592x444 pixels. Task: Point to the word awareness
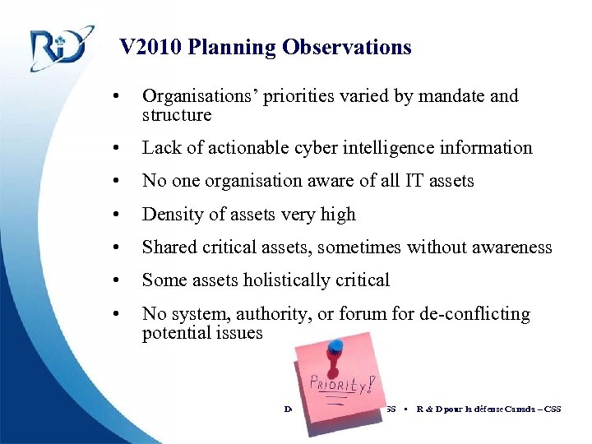(x=513, y=247)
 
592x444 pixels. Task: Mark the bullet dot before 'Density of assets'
(x=122, y=215)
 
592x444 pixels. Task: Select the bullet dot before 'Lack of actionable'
(x=122, y=148)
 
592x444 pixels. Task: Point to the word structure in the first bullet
(x=177, y=115)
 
